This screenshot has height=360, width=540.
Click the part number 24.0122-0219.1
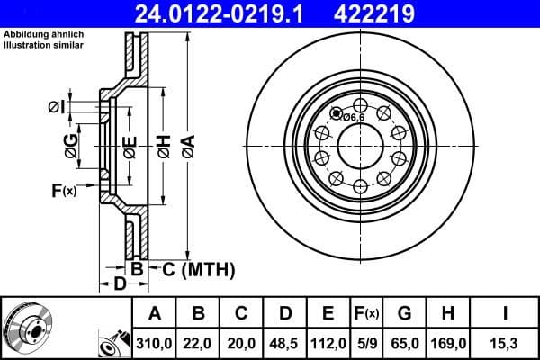232,13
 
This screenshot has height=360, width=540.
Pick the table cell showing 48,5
285,343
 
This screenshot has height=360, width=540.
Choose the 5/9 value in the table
366,343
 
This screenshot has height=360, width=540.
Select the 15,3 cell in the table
507,343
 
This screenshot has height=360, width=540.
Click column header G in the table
404,313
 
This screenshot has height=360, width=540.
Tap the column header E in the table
328,313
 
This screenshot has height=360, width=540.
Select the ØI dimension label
57,108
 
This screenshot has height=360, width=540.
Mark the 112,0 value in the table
328,343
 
